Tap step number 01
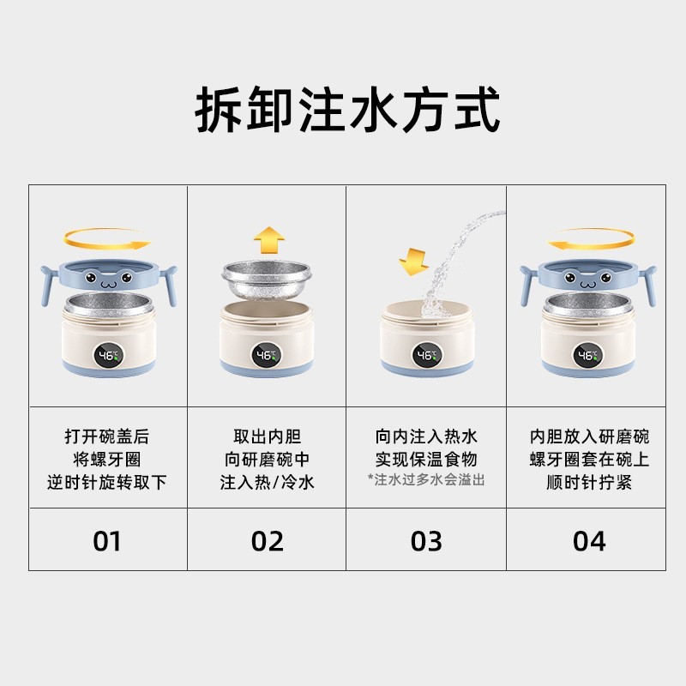[107, 541]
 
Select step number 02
[267, 541]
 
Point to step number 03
[426, 541]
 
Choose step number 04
[588, 541]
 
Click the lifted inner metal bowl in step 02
[267, 276]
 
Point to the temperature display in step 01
[108, 354]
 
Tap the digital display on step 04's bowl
[587, 354]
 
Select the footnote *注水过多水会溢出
[426, 479]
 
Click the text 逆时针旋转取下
[107, 482]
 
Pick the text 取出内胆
[267, 437]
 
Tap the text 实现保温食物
[426, 460]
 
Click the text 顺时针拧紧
[588, 482]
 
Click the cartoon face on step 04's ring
[587, 279]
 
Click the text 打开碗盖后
[107, 437]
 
